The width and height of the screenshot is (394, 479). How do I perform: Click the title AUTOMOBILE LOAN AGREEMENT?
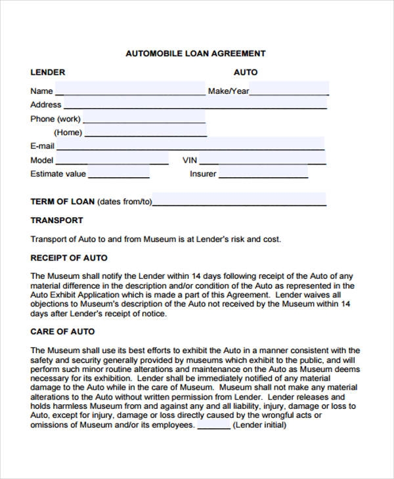click(x=196, y=53)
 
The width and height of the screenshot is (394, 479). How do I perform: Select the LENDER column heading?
click(x=47, y=72)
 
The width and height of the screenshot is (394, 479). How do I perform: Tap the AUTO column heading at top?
click(x=246, y=72)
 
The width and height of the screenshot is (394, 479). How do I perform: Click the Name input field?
click(x=129, y=90)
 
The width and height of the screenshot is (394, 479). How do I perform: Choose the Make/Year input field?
click(x=289, y=90)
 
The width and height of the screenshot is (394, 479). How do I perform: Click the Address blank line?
click(x=195, y=106)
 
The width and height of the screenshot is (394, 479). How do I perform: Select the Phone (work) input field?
click(x=144, y=119)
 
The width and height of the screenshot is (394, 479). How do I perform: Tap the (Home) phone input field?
click(x=145, y=133)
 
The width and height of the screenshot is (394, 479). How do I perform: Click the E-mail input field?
click(x=190, y=145)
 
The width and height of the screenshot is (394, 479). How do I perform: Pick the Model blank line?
click(x=116, y=161)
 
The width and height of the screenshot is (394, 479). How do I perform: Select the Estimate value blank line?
click(x=119, y=175)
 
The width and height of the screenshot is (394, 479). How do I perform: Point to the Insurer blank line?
click(x=263, y=175)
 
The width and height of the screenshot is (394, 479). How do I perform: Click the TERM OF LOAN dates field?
click(x=239, y=201)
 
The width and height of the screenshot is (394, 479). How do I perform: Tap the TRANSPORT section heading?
click(x=56, y=220)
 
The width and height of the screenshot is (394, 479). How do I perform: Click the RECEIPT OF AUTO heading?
click(x=69, y=258)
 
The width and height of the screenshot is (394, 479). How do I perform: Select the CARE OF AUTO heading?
click(x=62, y=331)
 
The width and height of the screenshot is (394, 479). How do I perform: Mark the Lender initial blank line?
click(x=214, y=426)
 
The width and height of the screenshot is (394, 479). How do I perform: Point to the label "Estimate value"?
click(x=58, y=175)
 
